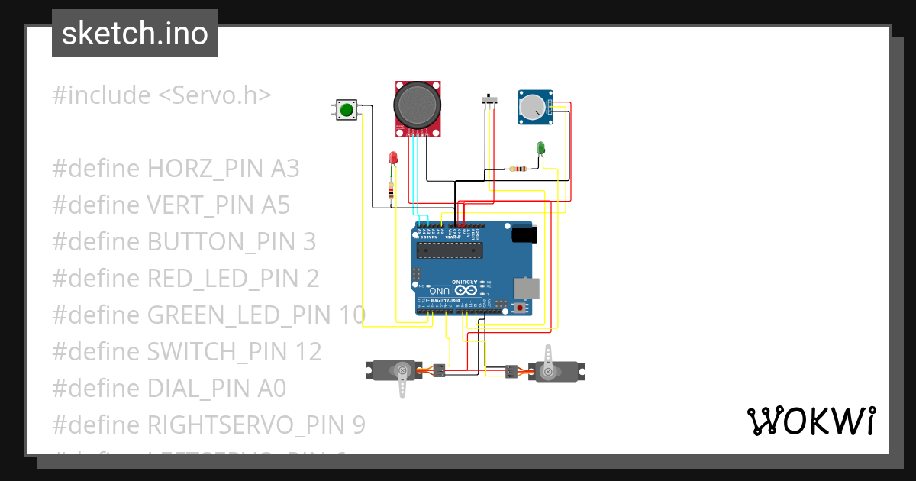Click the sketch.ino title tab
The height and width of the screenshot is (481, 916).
click(x=135, y=34)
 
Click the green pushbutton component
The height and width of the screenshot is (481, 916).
click(x=346, y=110)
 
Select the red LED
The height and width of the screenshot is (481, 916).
click(x=393, y=157)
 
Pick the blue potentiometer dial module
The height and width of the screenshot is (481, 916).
click(x=534, y=107)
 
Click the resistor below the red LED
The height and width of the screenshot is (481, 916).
click(x=391, y=192)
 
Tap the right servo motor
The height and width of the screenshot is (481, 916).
click(x=553, y=372)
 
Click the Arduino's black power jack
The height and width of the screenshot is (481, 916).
click(x=524, y=234)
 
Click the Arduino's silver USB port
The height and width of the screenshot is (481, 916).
click(x=527, y=288)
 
